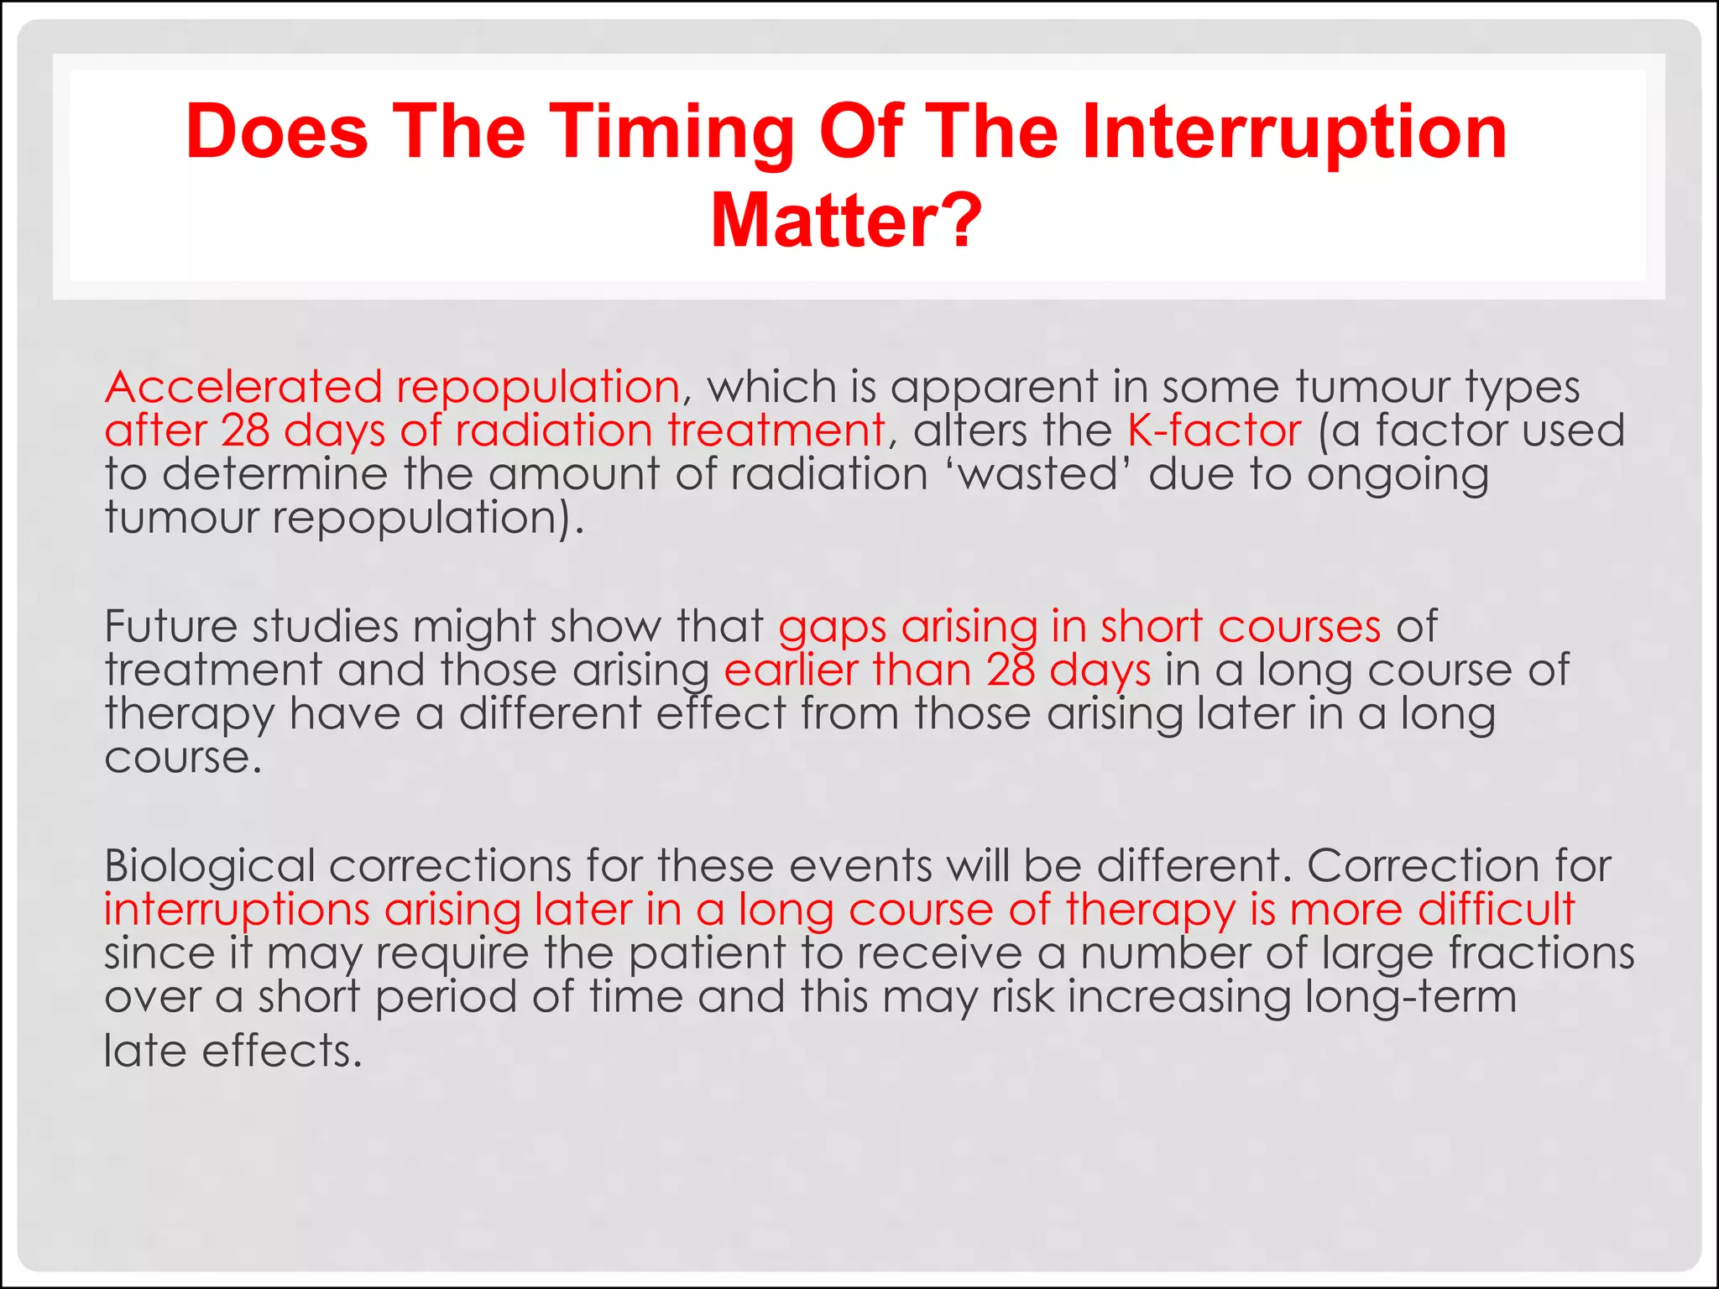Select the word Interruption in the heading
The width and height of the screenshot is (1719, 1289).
1294,133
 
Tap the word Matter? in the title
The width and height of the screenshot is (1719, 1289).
846,222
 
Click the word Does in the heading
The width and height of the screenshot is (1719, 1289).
277,133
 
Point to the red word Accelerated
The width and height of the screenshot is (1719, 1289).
243,388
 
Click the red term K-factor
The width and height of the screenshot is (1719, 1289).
1214,431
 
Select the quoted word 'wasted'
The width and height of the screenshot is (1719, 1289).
1040,475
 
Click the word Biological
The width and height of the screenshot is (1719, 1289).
209,867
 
